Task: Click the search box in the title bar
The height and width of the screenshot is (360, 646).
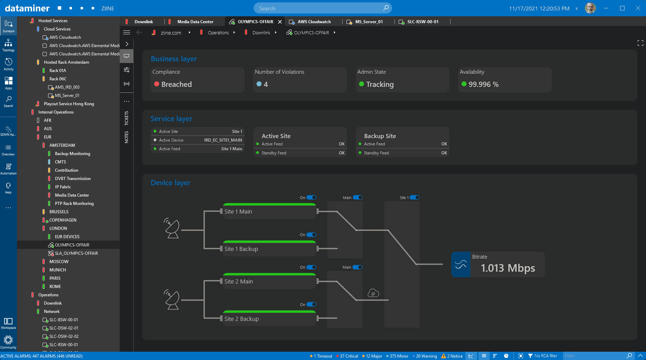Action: [x=322, y=8]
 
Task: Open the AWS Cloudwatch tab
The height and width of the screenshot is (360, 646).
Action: [x=314, y=22]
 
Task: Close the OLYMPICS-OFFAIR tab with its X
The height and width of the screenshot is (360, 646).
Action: [x=280, y=22]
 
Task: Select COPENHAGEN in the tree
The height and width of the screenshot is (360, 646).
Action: [x=63, y=220]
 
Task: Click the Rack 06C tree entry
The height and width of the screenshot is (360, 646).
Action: [x=58, y=79]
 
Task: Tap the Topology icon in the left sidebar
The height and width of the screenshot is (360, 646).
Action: [x=8, y=45]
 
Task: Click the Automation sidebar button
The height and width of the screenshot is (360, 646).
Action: [x=8, y=169]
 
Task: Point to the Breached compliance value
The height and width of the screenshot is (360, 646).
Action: [x=176, y=84]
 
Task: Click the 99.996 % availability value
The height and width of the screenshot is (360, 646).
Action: [x=483, y=84]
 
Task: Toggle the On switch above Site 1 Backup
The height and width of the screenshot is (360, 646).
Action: [x=311, y=235]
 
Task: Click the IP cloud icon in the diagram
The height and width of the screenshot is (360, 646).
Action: [x=373, y=293]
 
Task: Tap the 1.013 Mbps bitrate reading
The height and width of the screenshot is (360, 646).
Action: [x=508, y=268]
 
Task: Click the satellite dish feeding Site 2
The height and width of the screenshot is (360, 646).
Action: [x=172, y=299]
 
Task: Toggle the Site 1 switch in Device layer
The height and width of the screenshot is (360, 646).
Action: [x=415, y=198]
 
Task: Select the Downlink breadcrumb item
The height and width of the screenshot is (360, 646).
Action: [x=261, y=33]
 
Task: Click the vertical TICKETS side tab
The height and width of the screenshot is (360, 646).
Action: [x=127, y=118]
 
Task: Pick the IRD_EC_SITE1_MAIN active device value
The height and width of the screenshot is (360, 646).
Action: [x=223, y=140]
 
